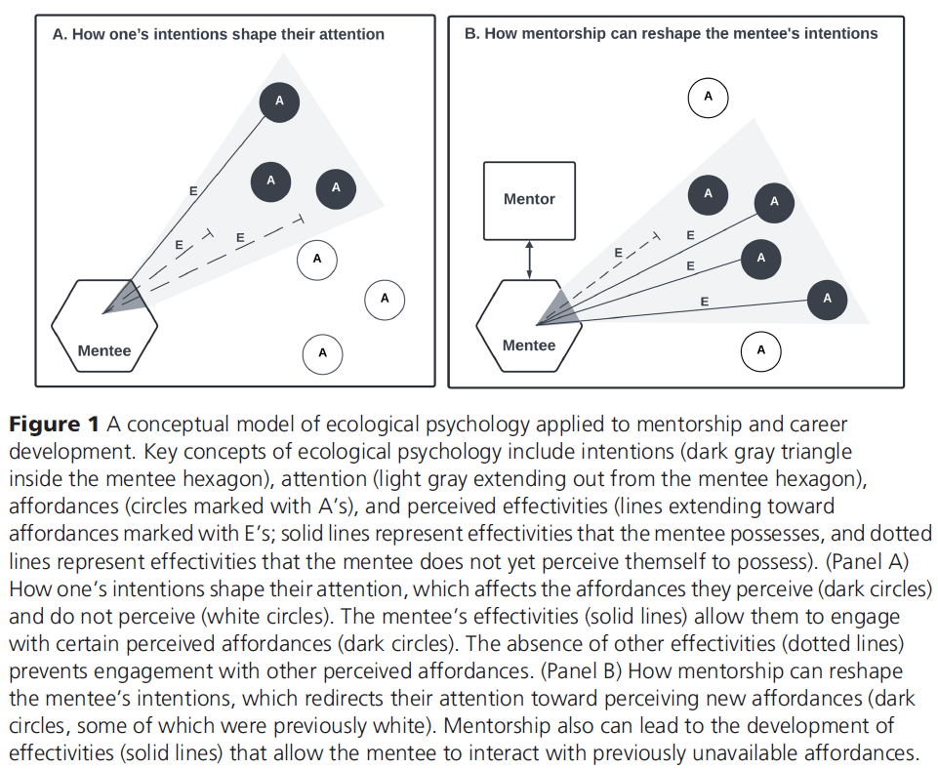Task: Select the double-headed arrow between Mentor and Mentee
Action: (529, 259)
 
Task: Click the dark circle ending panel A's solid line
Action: (279, 101)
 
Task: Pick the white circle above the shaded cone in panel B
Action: (709, 97)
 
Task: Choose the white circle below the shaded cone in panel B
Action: (761, 350)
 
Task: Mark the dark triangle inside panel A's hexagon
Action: (121, 297)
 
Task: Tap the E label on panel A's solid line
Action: (193, 192)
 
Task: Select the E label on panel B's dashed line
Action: (618, 253)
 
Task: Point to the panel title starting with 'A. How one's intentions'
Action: (218, 34)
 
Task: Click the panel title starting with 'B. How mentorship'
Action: (671, 34)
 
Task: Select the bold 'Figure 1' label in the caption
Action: (55, 425)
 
